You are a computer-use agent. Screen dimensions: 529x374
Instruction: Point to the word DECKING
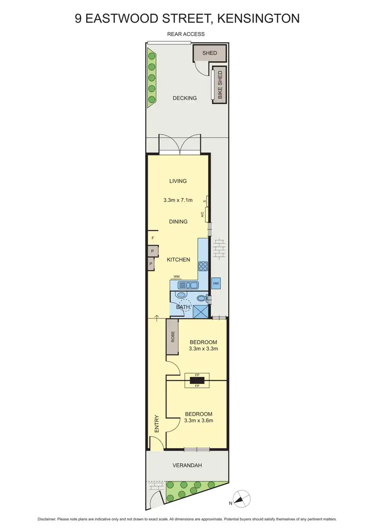pyautogui.click(x=185, y=98)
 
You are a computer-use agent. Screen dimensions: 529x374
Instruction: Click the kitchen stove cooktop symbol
pyautogui.click(x=203, y=266)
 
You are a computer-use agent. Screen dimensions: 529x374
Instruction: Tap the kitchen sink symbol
pyautogui.click(x=188, y=285)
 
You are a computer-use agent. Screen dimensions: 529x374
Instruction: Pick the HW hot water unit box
pyautogui.click(x=216, y=284)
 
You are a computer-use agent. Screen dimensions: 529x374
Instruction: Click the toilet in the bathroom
pyautogui.click(x=200, y=299)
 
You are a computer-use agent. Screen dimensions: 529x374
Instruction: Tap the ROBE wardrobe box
pyautogui.click(x=173, y=338)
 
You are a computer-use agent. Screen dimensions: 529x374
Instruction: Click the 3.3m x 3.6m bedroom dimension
pyautogui.click(x=198, y=420)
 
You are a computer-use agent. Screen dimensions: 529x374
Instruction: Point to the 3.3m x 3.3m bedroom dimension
pyautogui.click(x=203, y=349)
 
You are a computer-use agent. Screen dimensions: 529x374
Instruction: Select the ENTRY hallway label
pyautogui.click(x=157, y=424)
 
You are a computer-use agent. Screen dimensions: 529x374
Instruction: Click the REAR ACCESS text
pyautogui.click(x=186, y=34)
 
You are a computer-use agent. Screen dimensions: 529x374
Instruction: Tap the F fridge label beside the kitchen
pyautogui.click(x=153, y=238)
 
